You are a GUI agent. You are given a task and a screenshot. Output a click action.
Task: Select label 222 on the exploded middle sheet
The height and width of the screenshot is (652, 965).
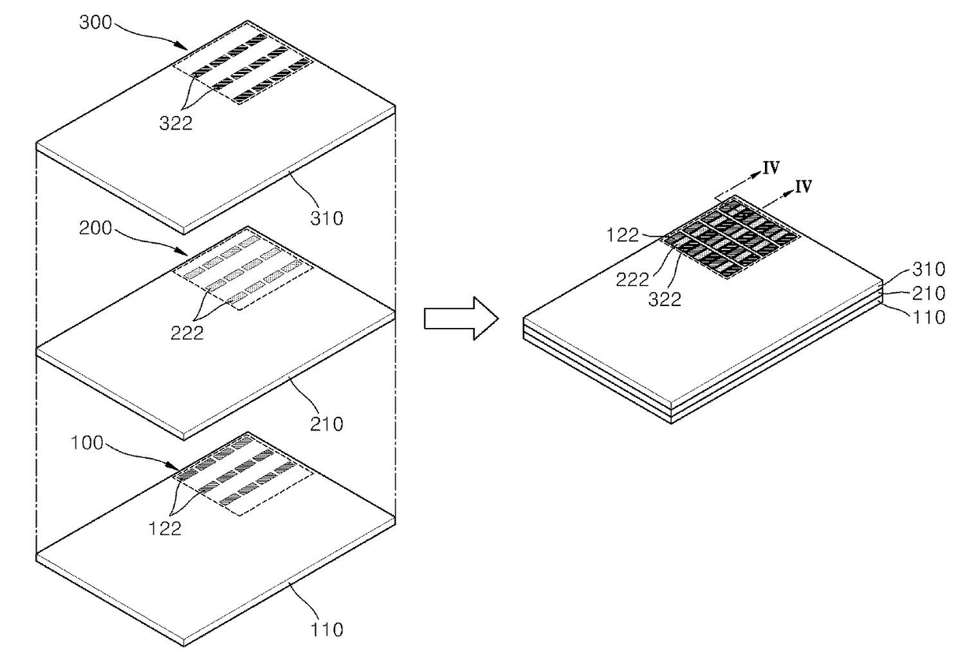point(188,333)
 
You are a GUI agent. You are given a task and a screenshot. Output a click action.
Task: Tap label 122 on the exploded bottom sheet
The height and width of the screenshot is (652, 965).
point(165,528)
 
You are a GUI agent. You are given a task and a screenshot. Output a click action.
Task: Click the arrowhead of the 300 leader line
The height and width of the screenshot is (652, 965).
point(185,46)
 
